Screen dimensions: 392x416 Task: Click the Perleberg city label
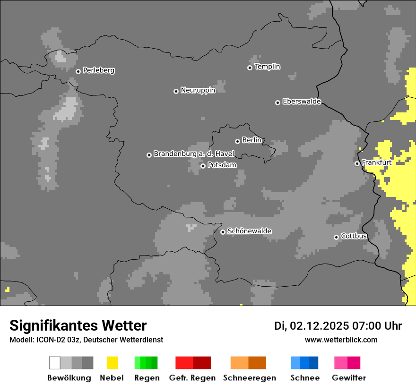point(98,70)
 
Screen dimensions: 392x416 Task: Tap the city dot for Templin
point(250,68)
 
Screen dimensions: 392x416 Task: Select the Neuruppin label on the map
point(198,90)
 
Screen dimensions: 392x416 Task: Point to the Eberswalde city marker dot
point(277,102)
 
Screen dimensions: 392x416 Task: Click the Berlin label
point(251,140)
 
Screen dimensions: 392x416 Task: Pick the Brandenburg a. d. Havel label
point(194,154)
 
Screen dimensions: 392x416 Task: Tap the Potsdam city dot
point(203,166)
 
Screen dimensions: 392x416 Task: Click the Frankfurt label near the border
point(376,162)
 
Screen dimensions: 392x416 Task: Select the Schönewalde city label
point(249,231)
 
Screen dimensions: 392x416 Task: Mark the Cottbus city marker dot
point(336,237)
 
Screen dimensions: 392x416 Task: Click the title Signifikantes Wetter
point(78,326)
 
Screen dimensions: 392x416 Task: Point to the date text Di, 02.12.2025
point(312,326)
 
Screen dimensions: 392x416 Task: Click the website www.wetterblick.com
point(341,340)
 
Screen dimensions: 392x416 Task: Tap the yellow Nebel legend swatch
point(112,363)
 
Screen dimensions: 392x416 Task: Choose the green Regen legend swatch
point(146,363)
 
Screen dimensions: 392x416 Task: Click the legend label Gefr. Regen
point(192,378)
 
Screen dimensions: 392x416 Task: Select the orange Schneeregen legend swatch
point(249,363)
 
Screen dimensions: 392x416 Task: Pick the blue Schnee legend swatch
point(304,363)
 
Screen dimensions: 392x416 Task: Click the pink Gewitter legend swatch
point(347,363)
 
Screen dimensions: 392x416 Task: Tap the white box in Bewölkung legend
point(55,363)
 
